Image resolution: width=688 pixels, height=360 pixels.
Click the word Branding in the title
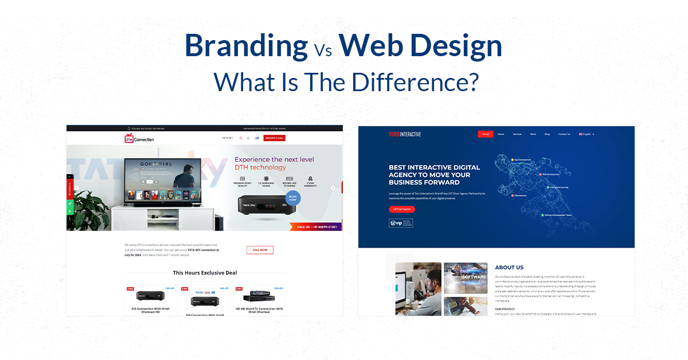tap(246, 46)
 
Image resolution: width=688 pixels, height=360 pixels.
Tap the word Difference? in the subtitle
tap(415, 82)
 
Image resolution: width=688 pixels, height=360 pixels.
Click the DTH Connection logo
tap(139, 139)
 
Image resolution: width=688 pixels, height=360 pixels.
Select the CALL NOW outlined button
tap(260, 250)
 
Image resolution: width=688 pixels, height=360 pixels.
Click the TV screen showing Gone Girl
tap(162, 179)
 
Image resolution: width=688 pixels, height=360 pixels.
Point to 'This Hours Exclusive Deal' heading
tap(205, 273)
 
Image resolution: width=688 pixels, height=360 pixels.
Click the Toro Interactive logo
tap(405, 134)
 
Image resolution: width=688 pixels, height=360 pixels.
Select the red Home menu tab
tap(485, 134)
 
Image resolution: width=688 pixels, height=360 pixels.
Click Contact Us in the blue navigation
tap(564, 134)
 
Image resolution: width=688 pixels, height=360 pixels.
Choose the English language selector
tap(587, 134)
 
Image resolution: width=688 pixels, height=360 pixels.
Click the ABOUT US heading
tap(509, 267)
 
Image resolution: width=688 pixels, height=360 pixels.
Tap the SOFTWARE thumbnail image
tap(466, 278)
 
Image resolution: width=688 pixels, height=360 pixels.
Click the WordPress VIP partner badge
tap(400, 223)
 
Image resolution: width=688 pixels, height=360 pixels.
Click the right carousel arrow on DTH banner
tap(333, 187)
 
